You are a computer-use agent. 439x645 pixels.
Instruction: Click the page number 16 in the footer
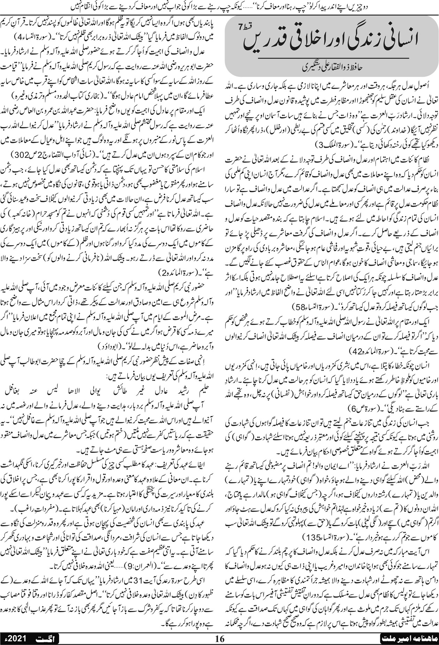pos(220,638)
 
